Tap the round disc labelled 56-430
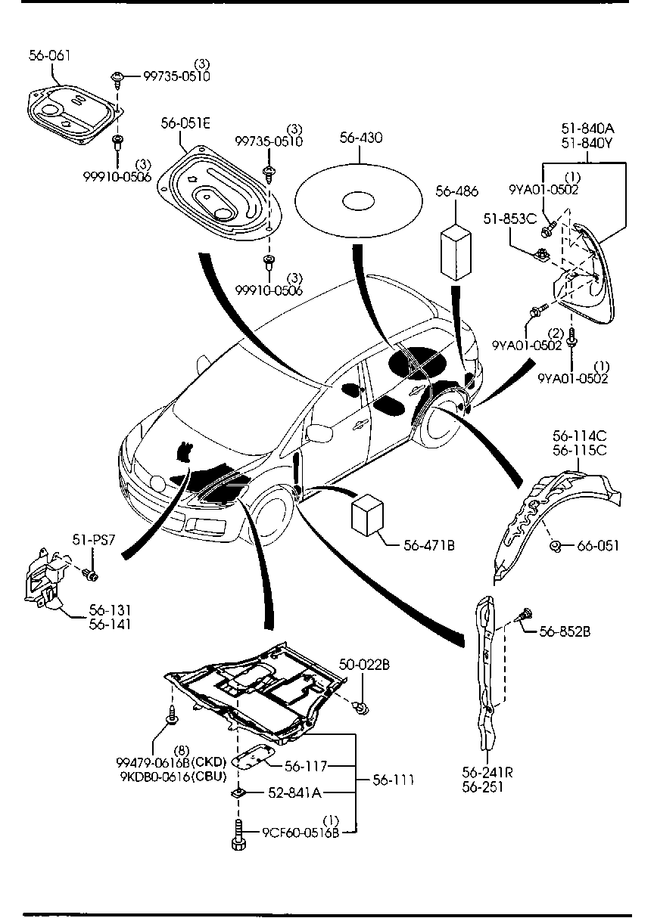tap(356, 202)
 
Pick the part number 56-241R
tap(487, 774)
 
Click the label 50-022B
tap(364, 665)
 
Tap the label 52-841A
tap(295, 792)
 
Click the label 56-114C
tap(579, 437)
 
